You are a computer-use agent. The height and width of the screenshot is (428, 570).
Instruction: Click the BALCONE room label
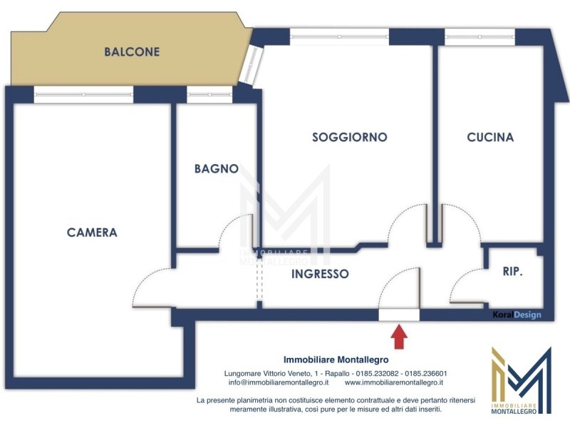(x=132, y=52)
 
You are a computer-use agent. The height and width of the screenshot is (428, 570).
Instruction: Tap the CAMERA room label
(x=92, y=233)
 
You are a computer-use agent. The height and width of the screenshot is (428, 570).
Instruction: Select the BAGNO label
(x=216, y=169)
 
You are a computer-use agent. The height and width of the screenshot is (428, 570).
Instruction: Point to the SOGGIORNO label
(x=349, y=137)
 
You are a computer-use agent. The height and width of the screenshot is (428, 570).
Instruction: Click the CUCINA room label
(x=490, y=137)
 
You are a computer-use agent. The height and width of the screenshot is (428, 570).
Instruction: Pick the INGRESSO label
(x=321, y=273)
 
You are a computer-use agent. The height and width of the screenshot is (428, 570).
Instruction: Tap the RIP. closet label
(x=513, y=272)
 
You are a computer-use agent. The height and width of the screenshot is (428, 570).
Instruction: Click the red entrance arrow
(x=399, y=336)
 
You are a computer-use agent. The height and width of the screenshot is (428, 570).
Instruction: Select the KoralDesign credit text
(x=517, y=315)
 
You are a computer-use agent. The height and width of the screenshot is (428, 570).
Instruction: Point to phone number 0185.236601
(x=426, y=374)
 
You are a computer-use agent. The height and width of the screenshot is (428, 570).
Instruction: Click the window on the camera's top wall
(x=83, y=93)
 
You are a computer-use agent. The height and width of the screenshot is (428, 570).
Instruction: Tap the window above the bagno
(x=209, y=93)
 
